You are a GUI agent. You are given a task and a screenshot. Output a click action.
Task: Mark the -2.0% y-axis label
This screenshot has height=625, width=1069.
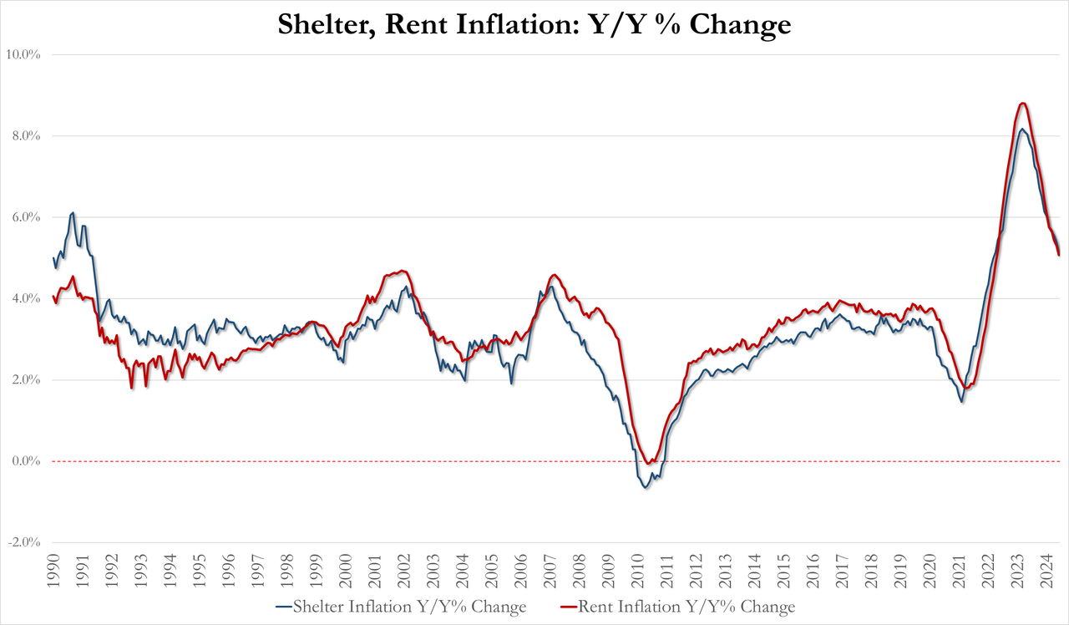(x=24, y=542)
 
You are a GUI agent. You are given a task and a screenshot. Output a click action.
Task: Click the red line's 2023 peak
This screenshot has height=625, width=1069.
(x=1022, y=103)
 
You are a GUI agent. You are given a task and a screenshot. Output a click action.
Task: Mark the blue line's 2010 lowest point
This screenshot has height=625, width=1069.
(x=646, y=487)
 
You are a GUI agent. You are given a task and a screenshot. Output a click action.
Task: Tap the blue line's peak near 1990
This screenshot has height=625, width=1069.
(x=73, y=213)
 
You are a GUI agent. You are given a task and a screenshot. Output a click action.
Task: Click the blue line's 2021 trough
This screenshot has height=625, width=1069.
(x=962, y=402)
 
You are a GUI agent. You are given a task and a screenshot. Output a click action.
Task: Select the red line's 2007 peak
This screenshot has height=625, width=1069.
(x=554, y=274)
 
